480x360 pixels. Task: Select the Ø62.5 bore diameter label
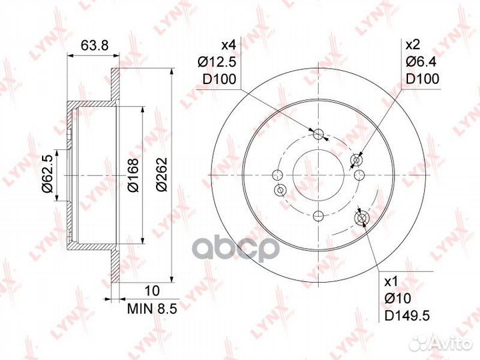(48, 174)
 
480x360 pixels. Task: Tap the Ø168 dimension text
(133, 175)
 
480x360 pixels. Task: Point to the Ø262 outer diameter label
(161, 175)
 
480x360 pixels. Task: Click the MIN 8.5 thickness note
(152, 309)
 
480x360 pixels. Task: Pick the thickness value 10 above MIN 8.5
(151, 291)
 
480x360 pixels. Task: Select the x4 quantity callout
(229, 45)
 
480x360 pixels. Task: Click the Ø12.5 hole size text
(217, 63)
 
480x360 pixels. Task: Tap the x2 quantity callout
(413, 45)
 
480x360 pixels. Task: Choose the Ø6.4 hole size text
(421, 62)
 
